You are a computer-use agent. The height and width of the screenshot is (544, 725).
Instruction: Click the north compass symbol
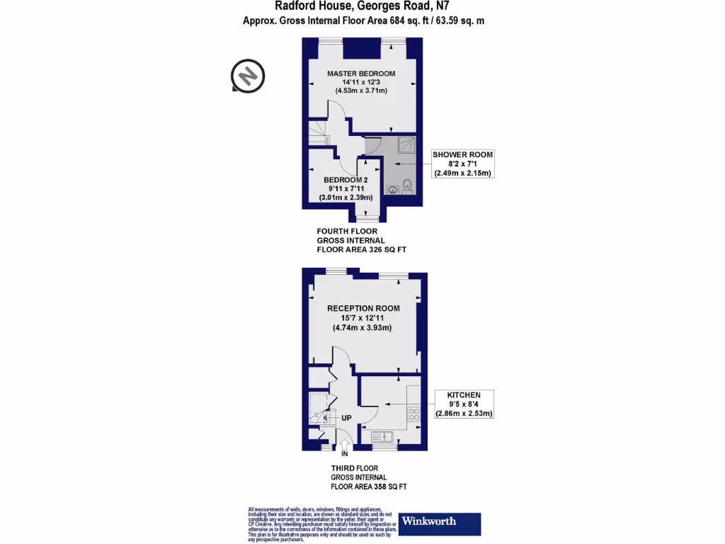[248, 75]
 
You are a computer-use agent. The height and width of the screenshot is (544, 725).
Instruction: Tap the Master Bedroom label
[360, 74]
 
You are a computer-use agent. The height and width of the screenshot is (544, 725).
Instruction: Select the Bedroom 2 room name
[346, 180]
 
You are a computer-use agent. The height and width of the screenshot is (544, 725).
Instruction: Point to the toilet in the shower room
[408, 188]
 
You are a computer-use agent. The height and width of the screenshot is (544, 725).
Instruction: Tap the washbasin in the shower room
[392, 190]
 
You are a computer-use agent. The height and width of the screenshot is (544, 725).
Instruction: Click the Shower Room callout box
[463, 164]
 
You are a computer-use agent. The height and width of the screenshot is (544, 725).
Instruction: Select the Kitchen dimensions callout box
[464, 404]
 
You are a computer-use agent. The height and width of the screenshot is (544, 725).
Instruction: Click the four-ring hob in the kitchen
[413, 414]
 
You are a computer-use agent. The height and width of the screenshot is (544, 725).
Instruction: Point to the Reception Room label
[363, 308]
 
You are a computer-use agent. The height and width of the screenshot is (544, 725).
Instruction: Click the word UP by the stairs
[346, 418]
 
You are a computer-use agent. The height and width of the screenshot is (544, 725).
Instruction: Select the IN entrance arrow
[345, 446]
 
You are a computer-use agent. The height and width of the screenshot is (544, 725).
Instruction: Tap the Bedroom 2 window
[366, 219]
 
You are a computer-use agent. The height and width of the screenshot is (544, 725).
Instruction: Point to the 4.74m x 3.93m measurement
[362, 328]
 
